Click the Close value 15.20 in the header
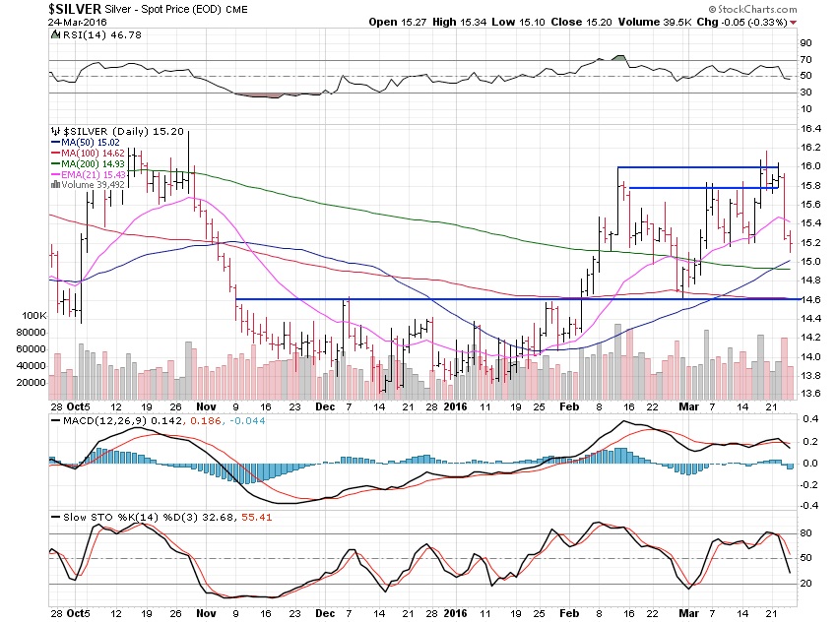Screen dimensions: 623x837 607,22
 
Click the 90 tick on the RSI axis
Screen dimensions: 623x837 805,43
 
